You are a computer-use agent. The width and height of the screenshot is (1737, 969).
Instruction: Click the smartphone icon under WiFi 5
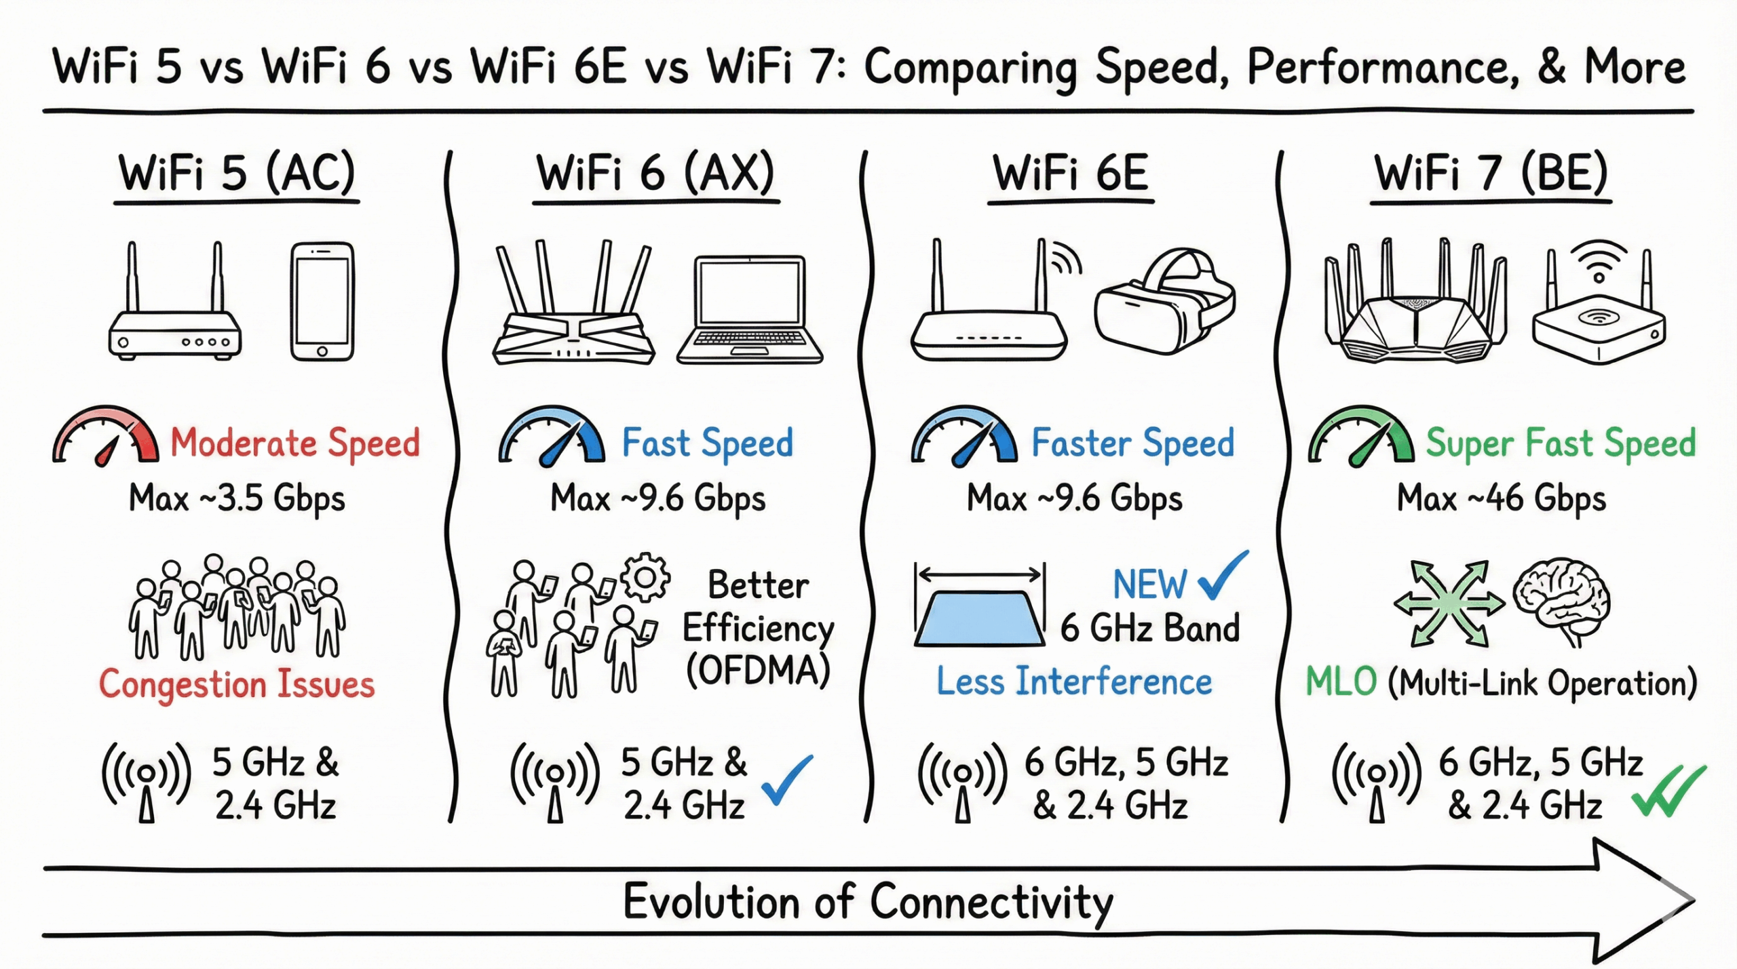coord(322,302)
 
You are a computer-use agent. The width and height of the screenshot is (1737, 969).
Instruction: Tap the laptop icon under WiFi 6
coord(750,310)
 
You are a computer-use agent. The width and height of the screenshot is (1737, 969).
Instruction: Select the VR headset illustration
coord(1164,302)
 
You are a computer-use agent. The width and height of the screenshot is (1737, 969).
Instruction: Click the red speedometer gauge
coord(106,437)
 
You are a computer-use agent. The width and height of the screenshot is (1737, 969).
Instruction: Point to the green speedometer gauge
coord(1361,437)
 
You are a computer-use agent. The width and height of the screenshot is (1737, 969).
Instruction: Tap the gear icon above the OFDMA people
coord(645,577)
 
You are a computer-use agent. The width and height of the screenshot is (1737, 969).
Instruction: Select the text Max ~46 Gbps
coord(1501,499)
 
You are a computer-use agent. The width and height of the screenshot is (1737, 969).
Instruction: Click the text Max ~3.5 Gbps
coord(237,499)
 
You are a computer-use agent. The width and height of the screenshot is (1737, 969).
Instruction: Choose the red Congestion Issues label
coord(237,684)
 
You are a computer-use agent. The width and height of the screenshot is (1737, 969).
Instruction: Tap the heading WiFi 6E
coord(1071,174)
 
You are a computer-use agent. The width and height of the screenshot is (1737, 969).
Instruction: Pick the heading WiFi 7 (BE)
coord(1491,174)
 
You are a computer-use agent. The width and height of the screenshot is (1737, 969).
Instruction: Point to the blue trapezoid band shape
coord(979,618)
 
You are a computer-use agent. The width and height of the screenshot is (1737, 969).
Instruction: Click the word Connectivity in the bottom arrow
coord(991,903)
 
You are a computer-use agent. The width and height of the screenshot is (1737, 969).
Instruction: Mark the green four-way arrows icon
coord(1449,603)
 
